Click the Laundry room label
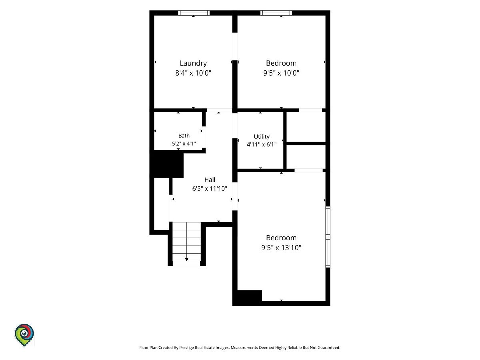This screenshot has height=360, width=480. tap(193, 63)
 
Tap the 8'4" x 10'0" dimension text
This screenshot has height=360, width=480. tap(193, 73)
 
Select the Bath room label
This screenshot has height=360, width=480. tap(184, 136)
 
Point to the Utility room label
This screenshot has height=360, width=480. tap(262, 137)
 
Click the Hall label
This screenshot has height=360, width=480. tap(210, 180)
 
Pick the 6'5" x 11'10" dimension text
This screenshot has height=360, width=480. tap(210, 188)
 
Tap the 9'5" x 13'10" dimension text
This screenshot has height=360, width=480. tap(281, 248)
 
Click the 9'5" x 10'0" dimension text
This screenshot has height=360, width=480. tap(281, 73)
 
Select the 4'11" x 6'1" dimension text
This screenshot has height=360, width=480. tap(262, 144)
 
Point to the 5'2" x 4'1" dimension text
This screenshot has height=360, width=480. tap(184, 144)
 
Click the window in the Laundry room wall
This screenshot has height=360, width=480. tap(194, 13)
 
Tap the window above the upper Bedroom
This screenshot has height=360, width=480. tap(276, 13)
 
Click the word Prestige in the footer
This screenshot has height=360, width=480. tap(186, 348)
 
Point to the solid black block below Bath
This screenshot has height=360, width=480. tap(168, 164)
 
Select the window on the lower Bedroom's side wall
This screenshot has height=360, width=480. tap(328, 237)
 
